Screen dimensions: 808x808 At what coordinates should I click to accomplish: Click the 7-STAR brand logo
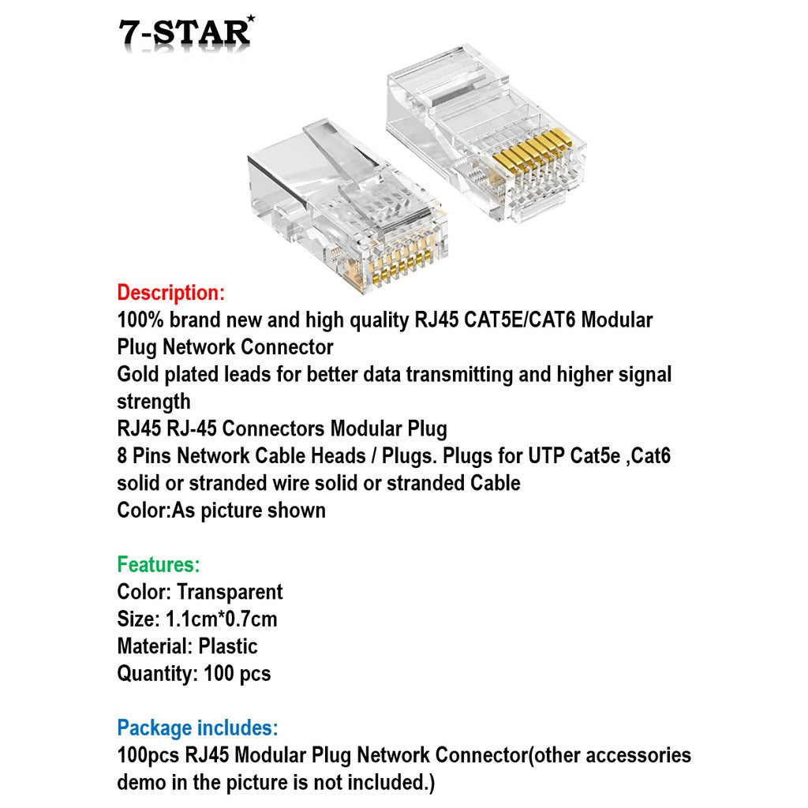pos(185,32)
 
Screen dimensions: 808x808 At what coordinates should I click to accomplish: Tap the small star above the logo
pos(250,17)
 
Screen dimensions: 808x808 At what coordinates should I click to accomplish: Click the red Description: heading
pos(170,293)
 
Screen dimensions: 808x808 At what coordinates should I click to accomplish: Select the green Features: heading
pos(158,565)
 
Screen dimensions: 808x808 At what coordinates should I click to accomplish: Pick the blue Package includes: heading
pos(197,728)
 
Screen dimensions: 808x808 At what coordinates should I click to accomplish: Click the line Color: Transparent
pos(200,592)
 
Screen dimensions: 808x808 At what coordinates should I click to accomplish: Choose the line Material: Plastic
pos(187,646)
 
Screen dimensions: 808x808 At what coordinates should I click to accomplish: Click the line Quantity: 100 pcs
pos(193,674)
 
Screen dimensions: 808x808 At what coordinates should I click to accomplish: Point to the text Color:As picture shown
pos(221,510)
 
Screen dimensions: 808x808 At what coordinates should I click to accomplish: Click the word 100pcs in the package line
pos(148,755)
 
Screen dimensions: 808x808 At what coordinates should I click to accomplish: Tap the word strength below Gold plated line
pos(153,402)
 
